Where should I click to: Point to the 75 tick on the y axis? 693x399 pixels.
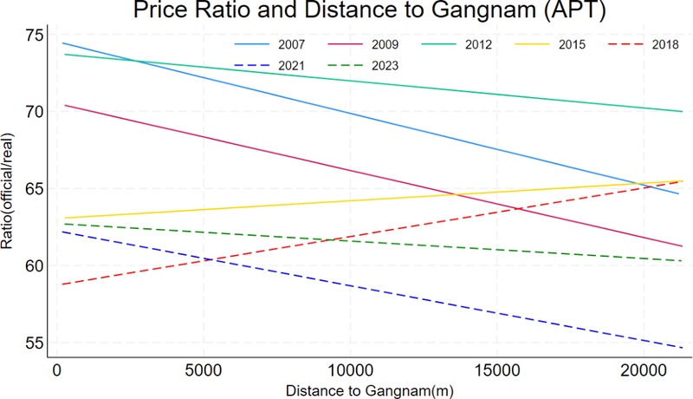(x=34, y=36)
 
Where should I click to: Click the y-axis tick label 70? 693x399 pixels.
(x=34, y=112)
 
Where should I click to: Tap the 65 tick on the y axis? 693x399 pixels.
(x=34, y=188)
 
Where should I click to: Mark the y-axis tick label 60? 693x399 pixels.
(x=34, y=265)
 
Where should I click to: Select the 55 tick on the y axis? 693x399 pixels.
(x=34, y=342)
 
